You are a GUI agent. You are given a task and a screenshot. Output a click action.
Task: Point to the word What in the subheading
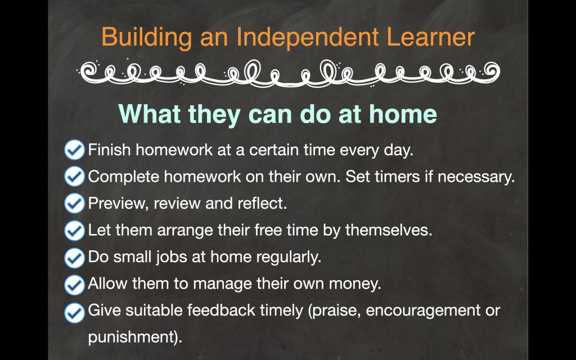pos(150,114)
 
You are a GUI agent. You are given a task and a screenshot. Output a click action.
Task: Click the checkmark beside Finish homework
pos(75,150)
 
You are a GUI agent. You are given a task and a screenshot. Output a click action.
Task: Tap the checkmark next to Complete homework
pos(75,177)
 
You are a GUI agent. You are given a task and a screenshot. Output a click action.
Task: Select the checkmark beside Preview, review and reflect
pos(75,204)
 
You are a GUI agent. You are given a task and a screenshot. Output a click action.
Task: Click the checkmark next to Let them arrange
pos(75,231)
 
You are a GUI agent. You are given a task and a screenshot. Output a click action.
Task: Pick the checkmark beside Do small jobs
pos(75,258)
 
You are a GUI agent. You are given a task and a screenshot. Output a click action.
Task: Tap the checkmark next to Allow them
pos(75,285)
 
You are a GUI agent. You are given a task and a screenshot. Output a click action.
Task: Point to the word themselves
pos(389,230)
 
